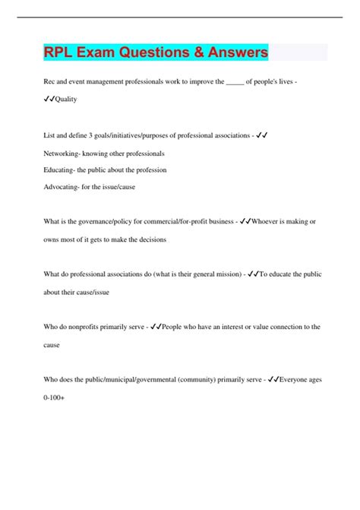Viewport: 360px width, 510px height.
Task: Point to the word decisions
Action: click(x=147, y=239)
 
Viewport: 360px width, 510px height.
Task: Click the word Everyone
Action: click(x=298, y=379)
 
